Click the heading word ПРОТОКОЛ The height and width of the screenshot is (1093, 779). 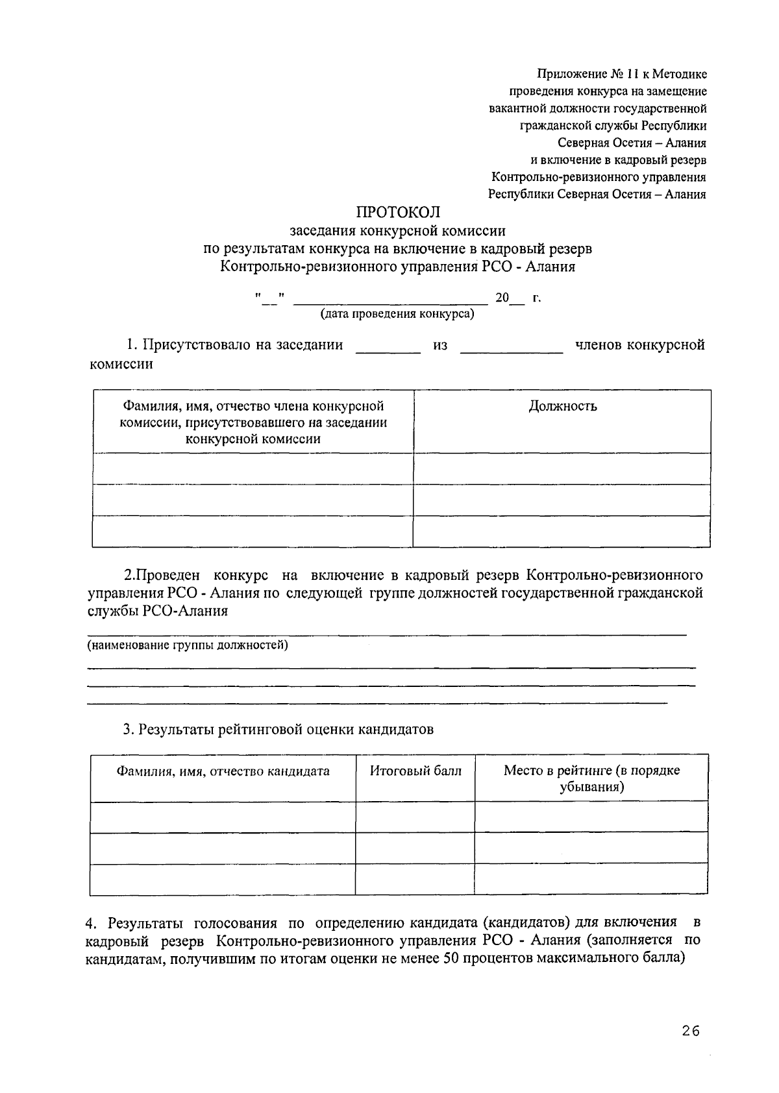pos(397,212)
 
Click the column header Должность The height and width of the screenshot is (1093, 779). pos(562,407)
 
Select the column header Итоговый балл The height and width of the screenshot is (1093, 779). pos(415,771)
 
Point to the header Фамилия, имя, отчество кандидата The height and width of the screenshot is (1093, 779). pos(223,771)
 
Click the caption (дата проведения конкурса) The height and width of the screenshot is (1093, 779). pos(397,315)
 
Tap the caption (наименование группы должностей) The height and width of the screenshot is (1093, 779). pos(188,645)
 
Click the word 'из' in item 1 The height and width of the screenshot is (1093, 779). pos(440,346)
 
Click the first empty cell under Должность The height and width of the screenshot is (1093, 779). pos(562,468)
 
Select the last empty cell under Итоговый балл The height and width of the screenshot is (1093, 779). pos(415,879)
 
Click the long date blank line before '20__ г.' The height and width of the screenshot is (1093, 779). pos(391,301)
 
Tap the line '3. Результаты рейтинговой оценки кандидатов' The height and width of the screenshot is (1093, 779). pos(279,729)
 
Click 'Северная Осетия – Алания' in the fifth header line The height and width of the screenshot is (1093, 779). pos(632,143)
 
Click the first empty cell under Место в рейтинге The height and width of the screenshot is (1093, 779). pos(591,816)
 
